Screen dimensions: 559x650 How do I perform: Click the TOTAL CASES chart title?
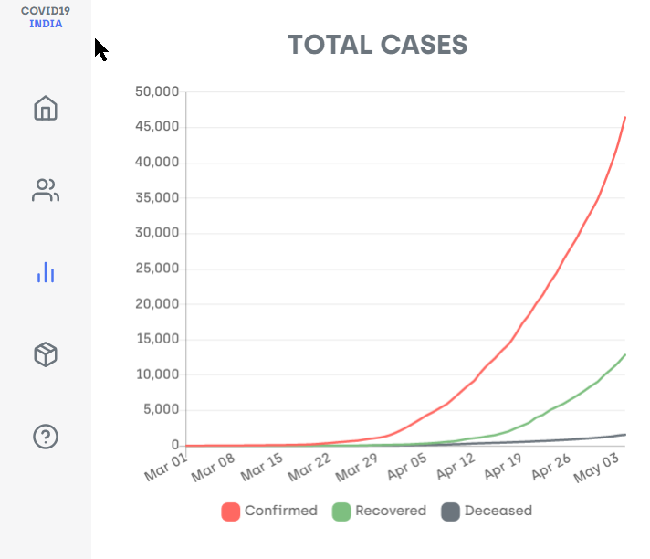(x=378, y=44)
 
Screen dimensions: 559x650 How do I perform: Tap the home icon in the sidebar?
(x=46, y=108)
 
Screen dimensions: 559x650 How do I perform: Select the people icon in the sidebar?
(x=46, y=190)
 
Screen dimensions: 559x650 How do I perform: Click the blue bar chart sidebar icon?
(x=46, y=272)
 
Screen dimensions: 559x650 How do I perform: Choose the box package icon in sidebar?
(x=46, y=354)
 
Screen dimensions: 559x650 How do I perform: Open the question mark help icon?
(x=46, y=437)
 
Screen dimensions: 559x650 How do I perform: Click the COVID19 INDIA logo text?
(x=46, y=17)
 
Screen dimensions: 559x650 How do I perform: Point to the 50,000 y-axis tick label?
(x=155, y=92)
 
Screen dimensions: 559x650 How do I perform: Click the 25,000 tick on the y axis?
(x=155, y=269)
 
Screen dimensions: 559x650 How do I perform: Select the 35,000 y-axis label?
(x=155, y=198)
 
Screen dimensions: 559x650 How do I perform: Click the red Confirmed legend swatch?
(x=231, y=512)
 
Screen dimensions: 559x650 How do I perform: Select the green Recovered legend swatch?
(x=341, y=512)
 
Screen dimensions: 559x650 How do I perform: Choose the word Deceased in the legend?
(x=498, y=512)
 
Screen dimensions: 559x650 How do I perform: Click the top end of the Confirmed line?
(x=624, y=117)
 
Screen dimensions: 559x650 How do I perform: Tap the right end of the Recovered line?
(x=624, y=354)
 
